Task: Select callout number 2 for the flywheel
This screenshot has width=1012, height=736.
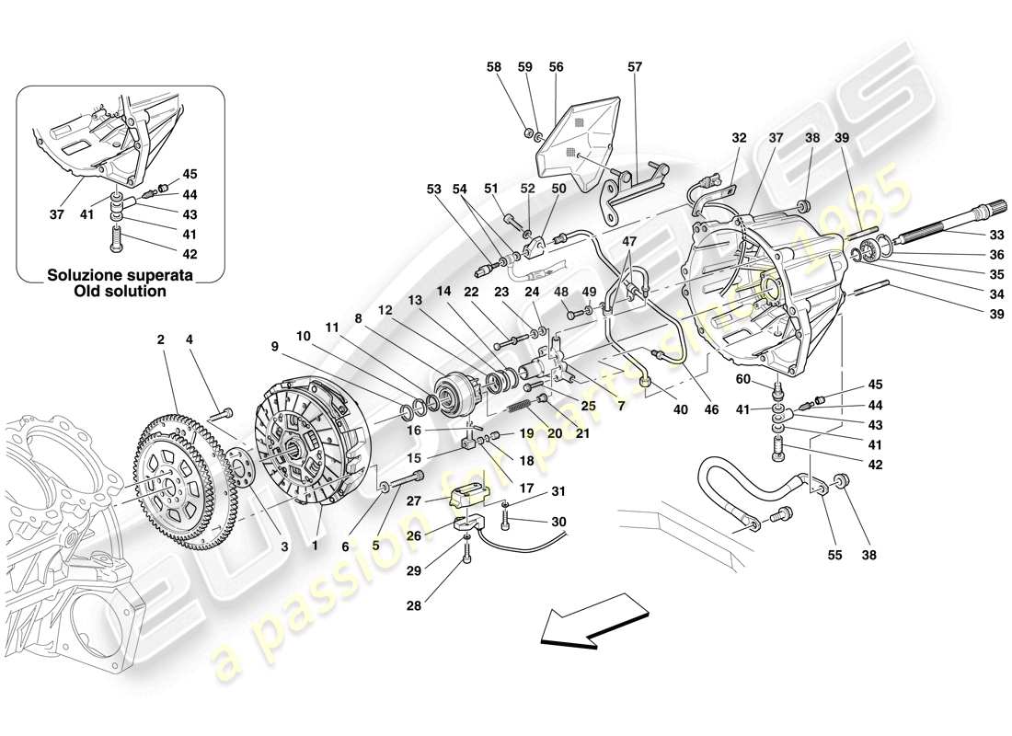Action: coord(160,340)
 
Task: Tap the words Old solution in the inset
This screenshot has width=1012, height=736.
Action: coord(120,291)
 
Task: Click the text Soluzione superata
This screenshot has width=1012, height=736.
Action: coord(120,275)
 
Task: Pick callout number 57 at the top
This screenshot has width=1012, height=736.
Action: coord(635,67)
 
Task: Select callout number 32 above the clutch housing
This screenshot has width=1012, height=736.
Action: coord(739,139)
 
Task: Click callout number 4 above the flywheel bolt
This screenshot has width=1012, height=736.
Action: coord(190,340)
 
